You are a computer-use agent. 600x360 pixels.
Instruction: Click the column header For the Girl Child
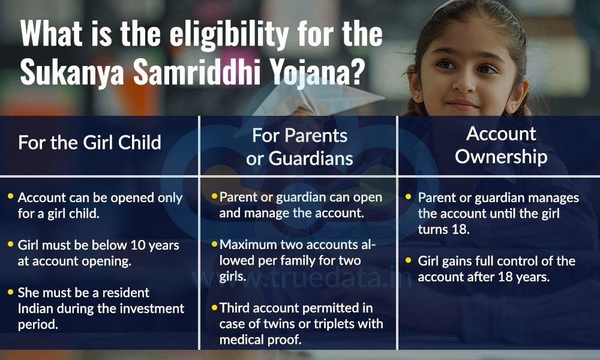(x=90, y=142)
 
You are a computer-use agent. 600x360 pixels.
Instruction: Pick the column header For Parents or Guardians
(x=299, y=146)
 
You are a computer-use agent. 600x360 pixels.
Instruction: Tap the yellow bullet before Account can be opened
(x=10, y=197)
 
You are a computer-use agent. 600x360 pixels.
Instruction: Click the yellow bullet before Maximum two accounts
(x=214, y=244)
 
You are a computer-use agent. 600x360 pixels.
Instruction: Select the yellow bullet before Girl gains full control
(x=409, y=261)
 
